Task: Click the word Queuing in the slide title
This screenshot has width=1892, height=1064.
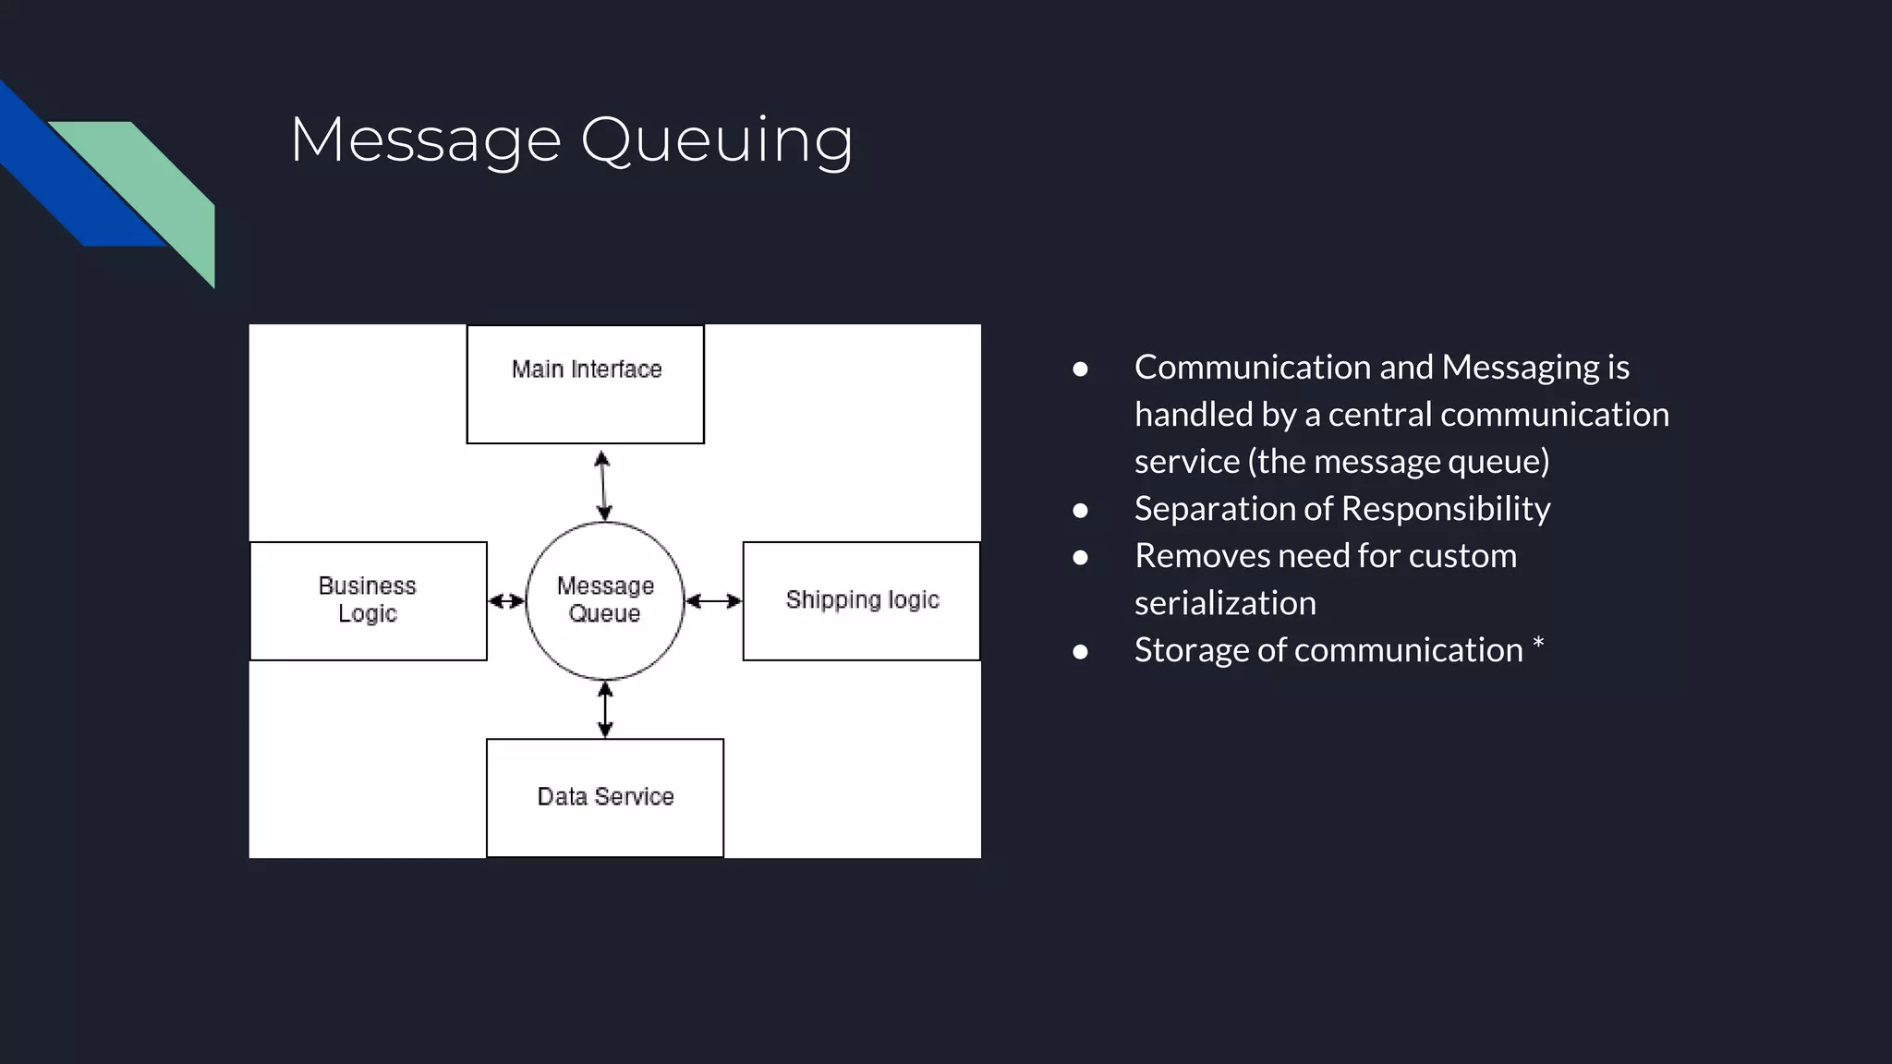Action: pos(716,140)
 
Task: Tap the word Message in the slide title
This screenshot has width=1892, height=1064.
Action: pos(426,140)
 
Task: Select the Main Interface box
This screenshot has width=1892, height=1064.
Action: pos(585,384)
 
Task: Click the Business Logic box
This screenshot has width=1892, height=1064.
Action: pos(368,600)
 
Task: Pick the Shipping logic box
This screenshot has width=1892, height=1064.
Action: pos(861,600)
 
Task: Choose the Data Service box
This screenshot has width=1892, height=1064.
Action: pos(604,797)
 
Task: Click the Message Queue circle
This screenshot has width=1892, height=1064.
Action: pos(605,600)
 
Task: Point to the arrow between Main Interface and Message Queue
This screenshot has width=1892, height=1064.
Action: pos(602,485)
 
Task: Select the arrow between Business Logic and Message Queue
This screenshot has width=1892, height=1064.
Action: pos(506,601)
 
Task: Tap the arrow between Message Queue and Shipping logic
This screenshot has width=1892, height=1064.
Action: pos(713,601)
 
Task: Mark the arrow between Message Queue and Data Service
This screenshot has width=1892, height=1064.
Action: pos(605,709)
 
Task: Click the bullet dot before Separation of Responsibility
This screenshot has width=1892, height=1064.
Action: pos(1080,510)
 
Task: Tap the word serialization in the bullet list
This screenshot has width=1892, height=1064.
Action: pos(1225,603)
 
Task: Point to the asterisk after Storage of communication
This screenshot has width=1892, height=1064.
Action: pos(1538,643)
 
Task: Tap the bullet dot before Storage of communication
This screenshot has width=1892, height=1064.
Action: pos(1080,651)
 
